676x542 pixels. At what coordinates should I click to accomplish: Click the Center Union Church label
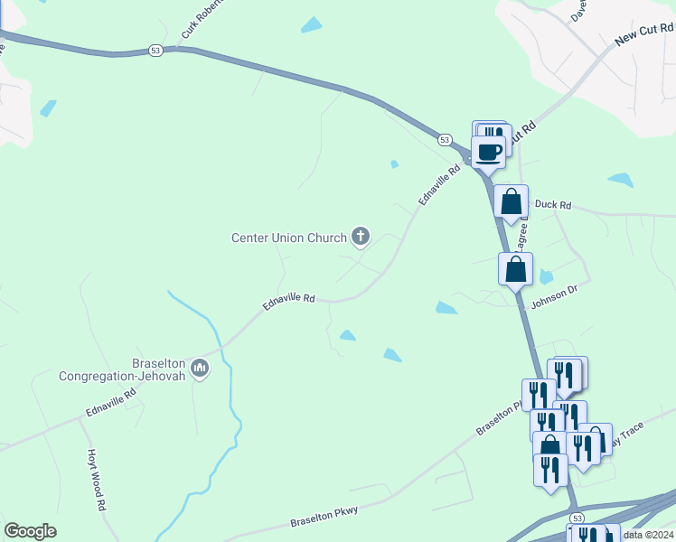pyautogui.click(x=289, y=238)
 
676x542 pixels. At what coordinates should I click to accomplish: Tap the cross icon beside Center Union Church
pyautogui.click(x=361, y=238)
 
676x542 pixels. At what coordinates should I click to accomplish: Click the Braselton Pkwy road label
pyautogui.click(x=324, y=517)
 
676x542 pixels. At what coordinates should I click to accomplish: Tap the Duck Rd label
pyautogui.click(x=553, y=205)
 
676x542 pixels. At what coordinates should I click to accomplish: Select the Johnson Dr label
pyautogui.click(x=553, y=296)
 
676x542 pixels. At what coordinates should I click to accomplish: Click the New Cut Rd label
pyautogui.click(x=644, y=36)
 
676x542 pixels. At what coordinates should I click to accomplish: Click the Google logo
pyautogui.click(x=31, y=530)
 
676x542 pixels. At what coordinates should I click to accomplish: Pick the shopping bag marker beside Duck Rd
pyautogui.click(x=512, y=201)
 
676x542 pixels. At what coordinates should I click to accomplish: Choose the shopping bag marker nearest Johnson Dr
pyautogui.click(x=515, y=268)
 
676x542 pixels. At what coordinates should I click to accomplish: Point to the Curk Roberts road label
pyautogui.click(x=201, y=19)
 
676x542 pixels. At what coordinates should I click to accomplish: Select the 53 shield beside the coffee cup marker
pyautogui.click(x=445, y=140)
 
